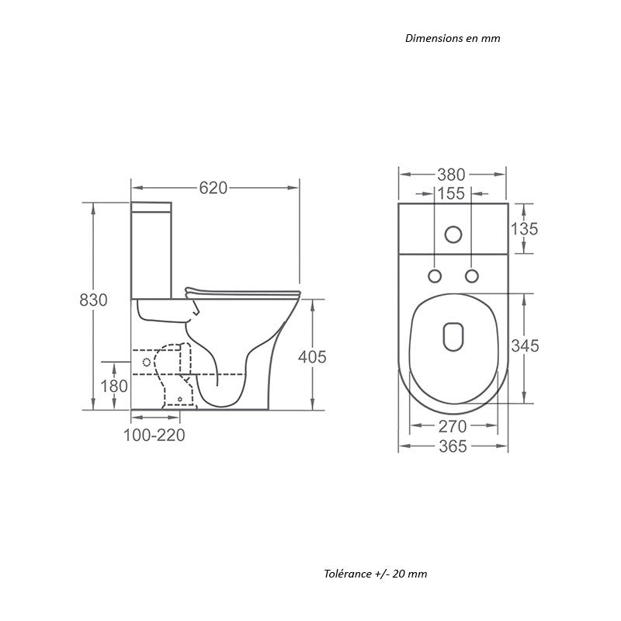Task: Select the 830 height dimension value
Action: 93,300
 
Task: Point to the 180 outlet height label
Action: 114,386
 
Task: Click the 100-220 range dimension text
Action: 154,435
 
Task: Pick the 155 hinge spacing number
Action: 451,193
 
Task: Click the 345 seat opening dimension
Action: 526,346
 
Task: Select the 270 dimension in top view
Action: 452,426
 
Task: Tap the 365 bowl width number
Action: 452,446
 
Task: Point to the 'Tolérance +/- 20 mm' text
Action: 376,574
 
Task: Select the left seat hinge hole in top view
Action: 435,276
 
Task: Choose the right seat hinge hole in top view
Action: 470,276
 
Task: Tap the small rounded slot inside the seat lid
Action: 453,335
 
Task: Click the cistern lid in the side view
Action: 151,206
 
